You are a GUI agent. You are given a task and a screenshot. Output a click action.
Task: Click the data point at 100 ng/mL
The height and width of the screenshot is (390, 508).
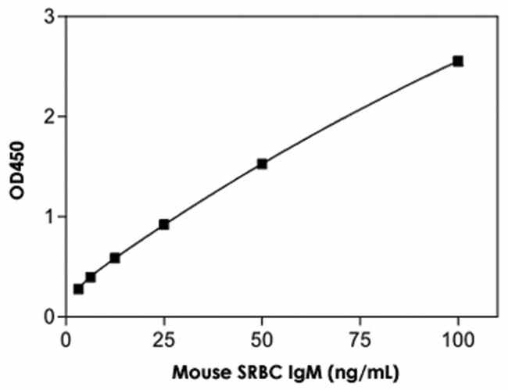pos(458,61)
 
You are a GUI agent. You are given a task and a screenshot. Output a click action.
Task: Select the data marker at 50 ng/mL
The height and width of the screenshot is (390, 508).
pos(262,163)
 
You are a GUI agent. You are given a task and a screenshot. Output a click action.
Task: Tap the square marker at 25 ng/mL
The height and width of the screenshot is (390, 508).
pos(164,224)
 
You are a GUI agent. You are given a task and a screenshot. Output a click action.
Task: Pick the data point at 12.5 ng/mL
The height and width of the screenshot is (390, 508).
pos(115,257)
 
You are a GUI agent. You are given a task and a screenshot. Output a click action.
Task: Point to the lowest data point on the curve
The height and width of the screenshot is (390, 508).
pos(78,288)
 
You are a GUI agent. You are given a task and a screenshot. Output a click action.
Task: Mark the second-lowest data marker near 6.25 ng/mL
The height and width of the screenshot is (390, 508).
pos(91,277)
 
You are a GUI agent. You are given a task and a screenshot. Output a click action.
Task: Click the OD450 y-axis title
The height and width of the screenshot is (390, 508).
pos(15,166)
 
